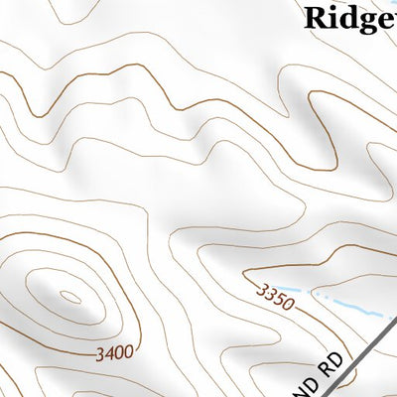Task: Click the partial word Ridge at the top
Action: click(x=348, y=17)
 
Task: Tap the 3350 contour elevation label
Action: click(x=275, y=296)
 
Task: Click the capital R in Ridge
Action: click(x=314, y=17)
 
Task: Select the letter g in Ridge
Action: click(x=367, y=20)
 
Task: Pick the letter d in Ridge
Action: click(x=348, y=17)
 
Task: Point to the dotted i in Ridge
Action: click(x=332, y=16)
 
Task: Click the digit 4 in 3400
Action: click(x=106, y=351)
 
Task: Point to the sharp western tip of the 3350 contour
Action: click(x=244, y=270)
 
